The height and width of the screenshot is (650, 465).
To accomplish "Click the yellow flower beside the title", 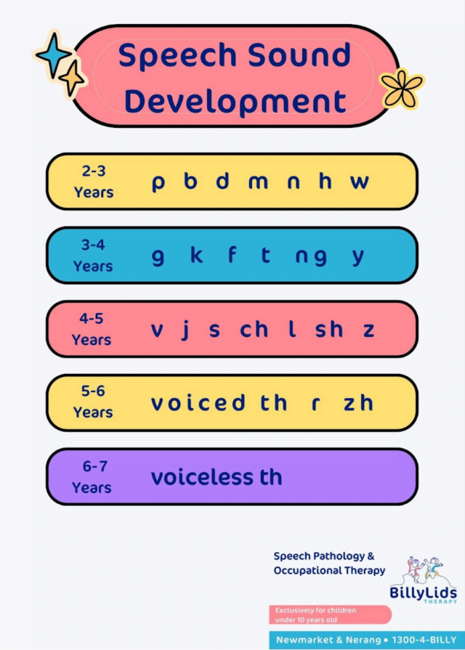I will (402, 88).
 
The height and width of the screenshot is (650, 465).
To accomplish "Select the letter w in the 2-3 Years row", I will (359, 182).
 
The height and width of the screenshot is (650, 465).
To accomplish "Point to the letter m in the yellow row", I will (258, 182).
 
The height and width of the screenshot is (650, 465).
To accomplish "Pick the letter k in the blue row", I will (196, 255).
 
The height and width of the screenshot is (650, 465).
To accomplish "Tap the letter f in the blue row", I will (232, 255).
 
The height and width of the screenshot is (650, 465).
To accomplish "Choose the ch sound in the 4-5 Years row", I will (254, 329).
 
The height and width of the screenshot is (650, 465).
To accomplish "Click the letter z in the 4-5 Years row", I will (369, 330).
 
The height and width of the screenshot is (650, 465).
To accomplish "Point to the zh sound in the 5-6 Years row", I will (358, 403).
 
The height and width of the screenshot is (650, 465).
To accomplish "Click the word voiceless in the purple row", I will (200, 477).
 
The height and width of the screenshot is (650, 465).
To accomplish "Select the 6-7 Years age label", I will (92, 477).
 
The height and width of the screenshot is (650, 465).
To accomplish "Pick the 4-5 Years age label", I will (92, 329).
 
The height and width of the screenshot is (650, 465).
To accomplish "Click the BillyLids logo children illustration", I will (423, 571).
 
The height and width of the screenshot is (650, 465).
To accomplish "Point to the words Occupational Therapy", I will (329, 571).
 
